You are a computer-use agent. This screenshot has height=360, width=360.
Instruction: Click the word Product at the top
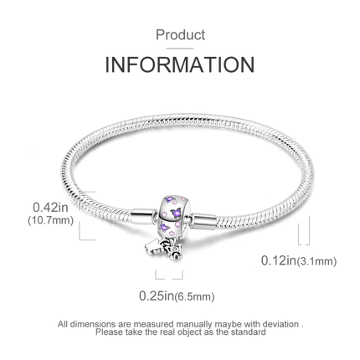(x=180, y=35)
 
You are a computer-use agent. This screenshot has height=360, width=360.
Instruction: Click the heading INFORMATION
(x=180, y=64)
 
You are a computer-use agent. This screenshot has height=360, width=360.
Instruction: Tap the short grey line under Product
(x=180, y=49)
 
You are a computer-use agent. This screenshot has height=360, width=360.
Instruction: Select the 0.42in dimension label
(x=50, y=208)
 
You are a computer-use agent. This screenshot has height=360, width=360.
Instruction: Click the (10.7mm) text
(x=50, y=220)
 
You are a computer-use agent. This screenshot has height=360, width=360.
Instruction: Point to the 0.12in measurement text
(x=279, y=260)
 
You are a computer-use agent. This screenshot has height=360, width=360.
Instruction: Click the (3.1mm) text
(x=316, y=261)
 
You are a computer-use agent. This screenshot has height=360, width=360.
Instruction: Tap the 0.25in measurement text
(x=157, y=296)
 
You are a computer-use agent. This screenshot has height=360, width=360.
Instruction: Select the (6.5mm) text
(x=194, y=296)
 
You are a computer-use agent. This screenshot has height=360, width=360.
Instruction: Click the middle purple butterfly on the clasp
(x=176, y=213)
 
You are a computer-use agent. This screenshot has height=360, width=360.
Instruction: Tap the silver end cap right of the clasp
(x=203, y=221)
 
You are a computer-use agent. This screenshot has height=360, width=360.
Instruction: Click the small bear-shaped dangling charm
(x=152, y=246)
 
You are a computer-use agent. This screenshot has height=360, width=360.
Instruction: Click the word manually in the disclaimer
(x=194, y=325)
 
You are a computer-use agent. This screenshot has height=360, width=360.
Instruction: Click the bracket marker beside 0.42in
(x=87, y=216)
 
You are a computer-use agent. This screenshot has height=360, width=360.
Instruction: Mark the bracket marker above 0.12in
(x=304, y=231)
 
